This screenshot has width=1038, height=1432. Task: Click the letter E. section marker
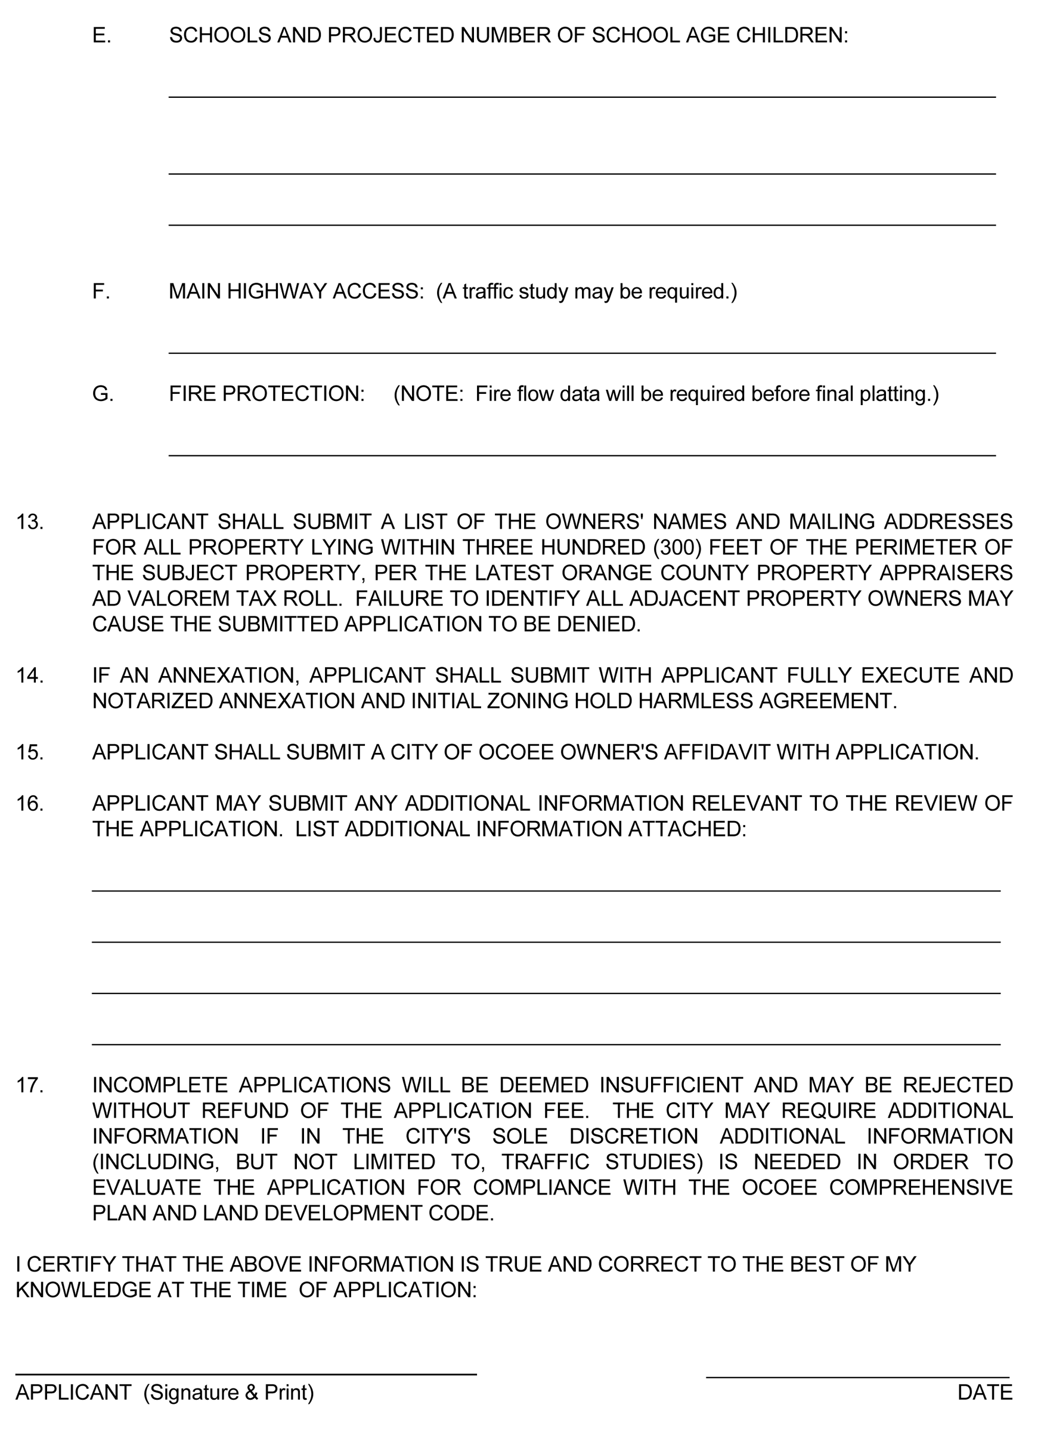click(101, 35)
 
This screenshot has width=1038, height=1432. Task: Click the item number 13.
click(30, 522)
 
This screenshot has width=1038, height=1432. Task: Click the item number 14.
click(30, 675)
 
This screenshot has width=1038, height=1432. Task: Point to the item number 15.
click(30, 752)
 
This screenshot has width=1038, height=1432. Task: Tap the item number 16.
click(30, 804)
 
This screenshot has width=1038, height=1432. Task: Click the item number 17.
click(30, 1085)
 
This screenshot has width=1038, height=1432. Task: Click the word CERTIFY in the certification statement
click(69, 1265)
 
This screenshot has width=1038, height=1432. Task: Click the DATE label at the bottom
click(984, 1392)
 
